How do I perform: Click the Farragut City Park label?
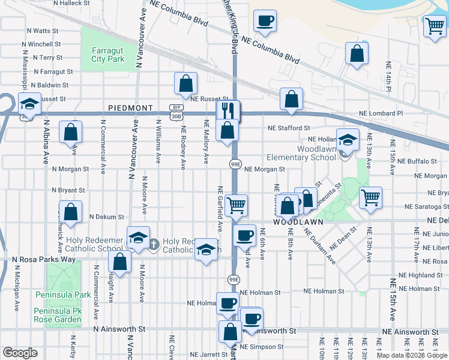pos(107,55)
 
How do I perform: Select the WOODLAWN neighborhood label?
pos(295,221)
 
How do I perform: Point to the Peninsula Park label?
pos(70,295)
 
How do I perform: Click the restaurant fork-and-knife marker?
pos(228,110)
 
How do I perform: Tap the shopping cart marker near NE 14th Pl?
pos(434,26)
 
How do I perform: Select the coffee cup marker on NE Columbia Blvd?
pos(264,21)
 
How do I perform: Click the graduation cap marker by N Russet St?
pos(29,103)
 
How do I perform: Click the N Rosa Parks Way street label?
pos(44,259)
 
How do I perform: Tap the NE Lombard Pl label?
pos(381,113)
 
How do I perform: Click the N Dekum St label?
pos(106,217)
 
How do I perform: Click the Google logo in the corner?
pos(19,353)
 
